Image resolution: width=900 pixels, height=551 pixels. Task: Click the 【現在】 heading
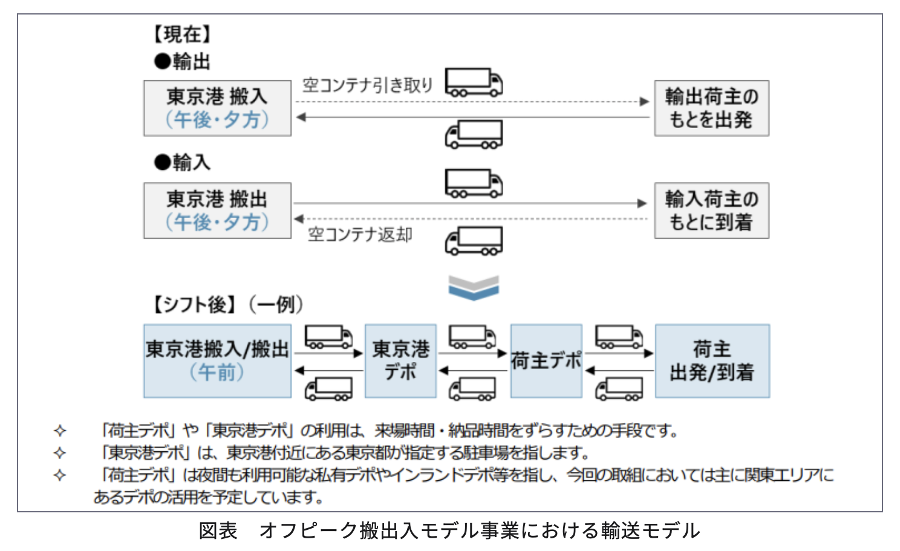pos(182,34)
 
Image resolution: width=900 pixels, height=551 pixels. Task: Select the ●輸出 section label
pos(182,61)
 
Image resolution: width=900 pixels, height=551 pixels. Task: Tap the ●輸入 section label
pos(182,162)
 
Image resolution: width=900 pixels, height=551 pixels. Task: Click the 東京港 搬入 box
pos(217,108)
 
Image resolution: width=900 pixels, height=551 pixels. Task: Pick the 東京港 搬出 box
pos(217,210)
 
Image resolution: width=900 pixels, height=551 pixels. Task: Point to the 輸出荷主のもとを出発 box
pos(711,108)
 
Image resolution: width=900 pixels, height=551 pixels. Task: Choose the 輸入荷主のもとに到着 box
pos(711,210)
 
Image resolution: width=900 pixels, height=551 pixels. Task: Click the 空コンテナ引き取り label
pos(368,85)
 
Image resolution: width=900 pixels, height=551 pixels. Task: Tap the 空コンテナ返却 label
pos(360,234)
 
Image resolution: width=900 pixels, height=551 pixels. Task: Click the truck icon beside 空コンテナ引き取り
pos(474,82)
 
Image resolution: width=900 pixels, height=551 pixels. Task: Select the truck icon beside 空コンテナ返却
pos(474,241)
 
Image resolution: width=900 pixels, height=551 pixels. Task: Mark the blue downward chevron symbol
pos(474,288)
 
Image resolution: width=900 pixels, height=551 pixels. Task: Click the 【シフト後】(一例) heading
pos(227,304)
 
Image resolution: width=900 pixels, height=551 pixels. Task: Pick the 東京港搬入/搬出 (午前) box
pos(217,361)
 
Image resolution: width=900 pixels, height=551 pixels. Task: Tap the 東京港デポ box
pos(400,361)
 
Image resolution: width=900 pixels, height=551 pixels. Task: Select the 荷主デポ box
pos(546,361)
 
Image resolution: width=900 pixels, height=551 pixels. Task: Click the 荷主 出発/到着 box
pos(712,361)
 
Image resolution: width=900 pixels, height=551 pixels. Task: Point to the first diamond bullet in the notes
pos(60,431)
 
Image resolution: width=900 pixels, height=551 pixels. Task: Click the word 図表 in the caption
pos(218,530)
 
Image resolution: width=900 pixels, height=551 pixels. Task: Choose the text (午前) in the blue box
pos(217,372)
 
